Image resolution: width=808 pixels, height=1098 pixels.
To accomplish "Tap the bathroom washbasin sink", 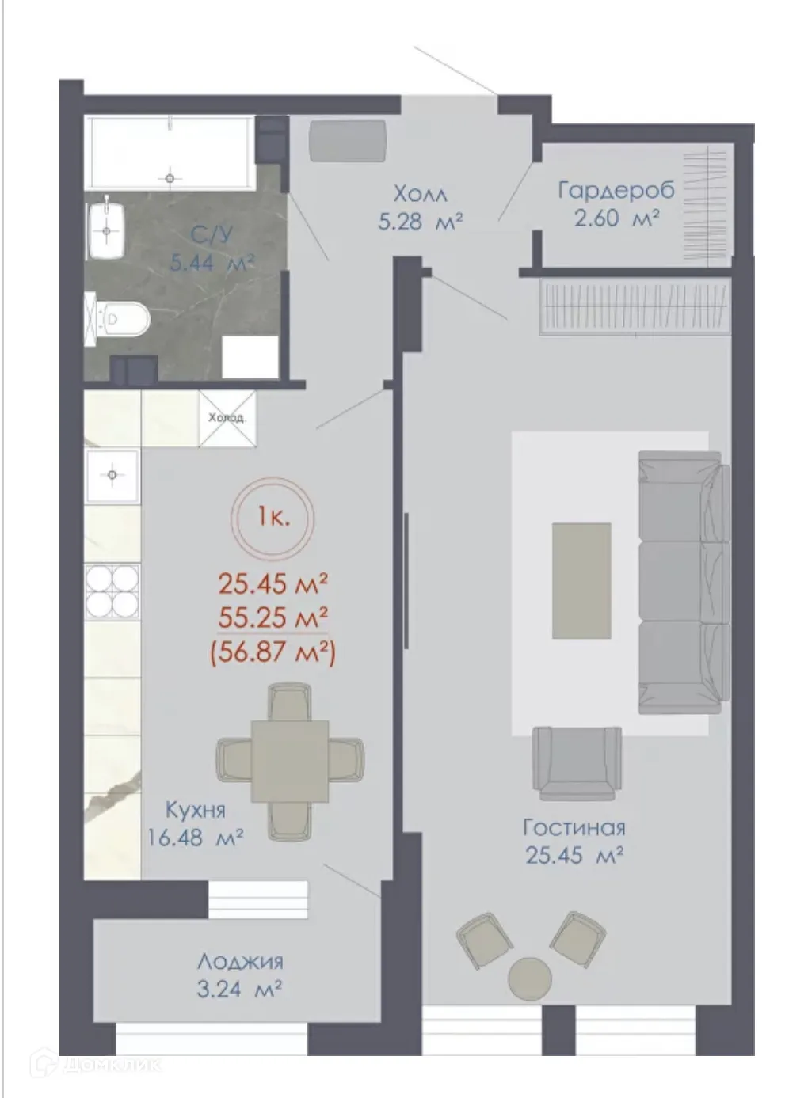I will (108, 230).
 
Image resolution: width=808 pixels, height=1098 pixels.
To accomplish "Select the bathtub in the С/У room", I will (170, 151).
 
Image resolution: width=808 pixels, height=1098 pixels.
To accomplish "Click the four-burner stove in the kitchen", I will (112, 592).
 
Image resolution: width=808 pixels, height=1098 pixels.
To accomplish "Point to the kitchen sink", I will (112, 475).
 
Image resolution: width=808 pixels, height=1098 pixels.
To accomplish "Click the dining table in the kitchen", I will (290, 760).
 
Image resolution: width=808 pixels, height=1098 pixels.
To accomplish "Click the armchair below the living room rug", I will (576, 762).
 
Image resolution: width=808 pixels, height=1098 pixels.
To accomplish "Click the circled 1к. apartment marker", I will (273, 519).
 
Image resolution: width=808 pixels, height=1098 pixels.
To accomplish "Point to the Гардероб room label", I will (616, 191).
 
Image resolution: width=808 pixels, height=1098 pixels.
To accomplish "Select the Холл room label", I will (420, 194).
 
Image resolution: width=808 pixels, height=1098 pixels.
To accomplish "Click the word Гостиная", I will (574, 827).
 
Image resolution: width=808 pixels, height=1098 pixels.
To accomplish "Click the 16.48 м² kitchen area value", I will (195, 838).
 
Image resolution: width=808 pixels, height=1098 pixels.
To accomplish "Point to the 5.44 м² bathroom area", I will (212, 264).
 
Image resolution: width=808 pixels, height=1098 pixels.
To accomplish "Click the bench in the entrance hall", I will (348, 141).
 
